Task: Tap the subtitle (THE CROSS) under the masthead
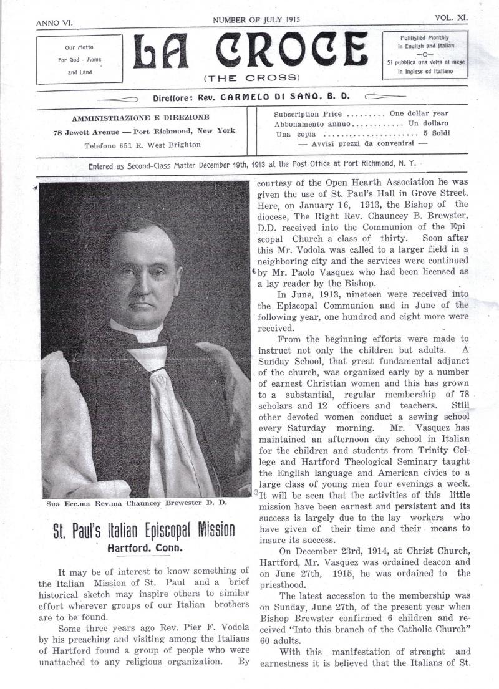click(251, 78)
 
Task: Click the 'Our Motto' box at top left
click(79, 60)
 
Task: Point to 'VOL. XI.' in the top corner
click(451, 19)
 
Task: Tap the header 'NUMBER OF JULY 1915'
click(256, 20)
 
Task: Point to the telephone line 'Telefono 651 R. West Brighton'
click(142, 145)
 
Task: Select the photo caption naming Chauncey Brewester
click(136, 503)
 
